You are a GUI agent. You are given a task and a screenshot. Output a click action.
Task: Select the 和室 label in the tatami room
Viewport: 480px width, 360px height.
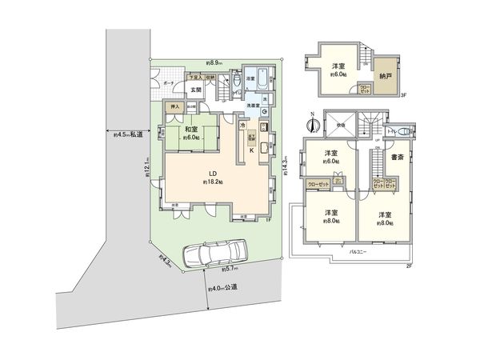point(192,130)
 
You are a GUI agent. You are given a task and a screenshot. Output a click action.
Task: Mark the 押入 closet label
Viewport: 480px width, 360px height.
point(171,106)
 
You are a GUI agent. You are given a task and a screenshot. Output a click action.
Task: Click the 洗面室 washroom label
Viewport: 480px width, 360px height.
point(254,105)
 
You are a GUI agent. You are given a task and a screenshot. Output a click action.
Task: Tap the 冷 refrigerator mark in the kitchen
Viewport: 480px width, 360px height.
point(242,126)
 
